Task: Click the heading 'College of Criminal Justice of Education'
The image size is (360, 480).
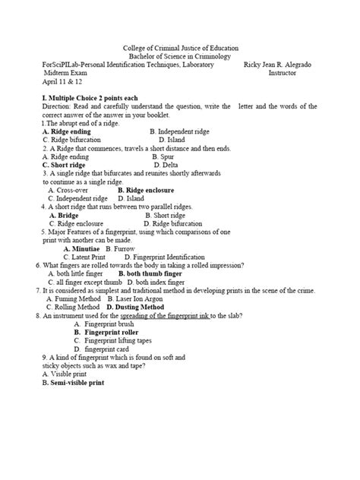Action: [x=180, y=48]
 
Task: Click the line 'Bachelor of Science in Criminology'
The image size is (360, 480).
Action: [x=180, y=57]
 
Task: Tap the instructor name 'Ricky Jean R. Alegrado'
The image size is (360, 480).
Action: [x=280, y=65]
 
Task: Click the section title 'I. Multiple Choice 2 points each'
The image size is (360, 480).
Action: [x=88, y=99]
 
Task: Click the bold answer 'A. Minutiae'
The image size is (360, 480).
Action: [x=82, y=248]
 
